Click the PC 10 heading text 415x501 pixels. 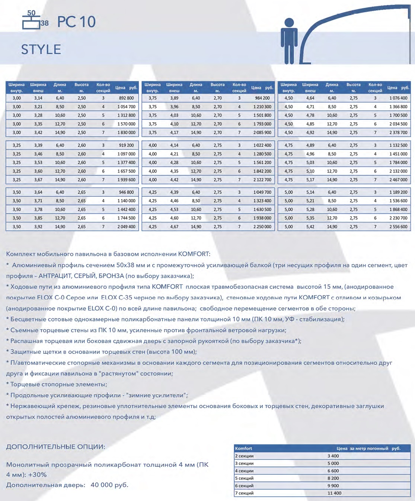(76, 22)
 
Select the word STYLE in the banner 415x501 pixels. (41, 49)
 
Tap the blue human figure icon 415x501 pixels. (289, 41)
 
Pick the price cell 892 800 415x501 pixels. (127, 98)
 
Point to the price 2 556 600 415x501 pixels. (398, 227)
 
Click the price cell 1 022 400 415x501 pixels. (262, 145)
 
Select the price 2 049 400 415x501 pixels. (127, 227)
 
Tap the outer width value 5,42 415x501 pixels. (310, 227)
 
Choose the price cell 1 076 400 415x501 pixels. (398, 98)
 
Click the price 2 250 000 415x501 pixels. (262, 227)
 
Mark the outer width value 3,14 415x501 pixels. (38, 98)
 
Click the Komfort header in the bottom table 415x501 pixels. (244, 449)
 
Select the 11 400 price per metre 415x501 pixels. (334, 493)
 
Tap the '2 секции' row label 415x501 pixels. (244, 456)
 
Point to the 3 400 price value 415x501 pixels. (333, 456)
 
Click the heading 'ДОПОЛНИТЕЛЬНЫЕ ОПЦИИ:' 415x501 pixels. (55, 447)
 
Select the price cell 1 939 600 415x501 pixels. (127, 180)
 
